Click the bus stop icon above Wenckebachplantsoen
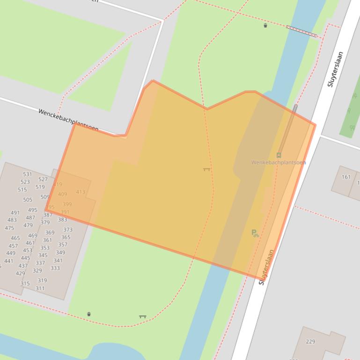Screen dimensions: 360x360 click(x=279, y=155)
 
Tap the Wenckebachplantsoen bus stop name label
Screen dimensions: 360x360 click(x=278, y=163)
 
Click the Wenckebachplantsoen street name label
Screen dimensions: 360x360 click(x=68, y=120)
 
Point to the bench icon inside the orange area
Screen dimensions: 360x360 click(x=206, y=169)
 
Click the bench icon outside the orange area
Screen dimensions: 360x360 click(x=142, y=317)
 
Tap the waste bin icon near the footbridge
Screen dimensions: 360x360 click(x=265, y=26)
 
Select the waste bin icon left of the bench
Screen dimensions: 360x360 click(x=89, y=314)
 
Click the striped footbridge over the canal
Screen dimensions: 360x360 click(x=302, y=31)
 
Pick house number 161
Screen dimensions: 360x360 click(x=346, y=177)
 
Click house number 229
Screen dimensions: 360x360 click(x=310, y=342)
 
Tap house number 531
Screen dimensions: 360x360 click(x=28, y=174)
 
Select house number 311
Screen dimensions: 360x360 click(x=40, y=288)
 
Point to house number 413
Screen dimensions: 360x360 click(x=81, y=192)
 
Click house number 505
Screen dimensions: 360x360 click(x=28, y=200)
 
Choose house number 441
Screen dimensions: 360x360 click(x=9, y=261)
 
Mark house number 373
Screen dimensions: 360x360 click(x=68, y=230)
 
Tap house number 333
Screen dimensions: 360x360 click(x=55, y=268)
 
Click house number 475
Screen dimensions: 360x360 click(x=9, y=228)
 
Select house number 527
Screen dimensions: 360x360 click(x=43, y=180)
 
